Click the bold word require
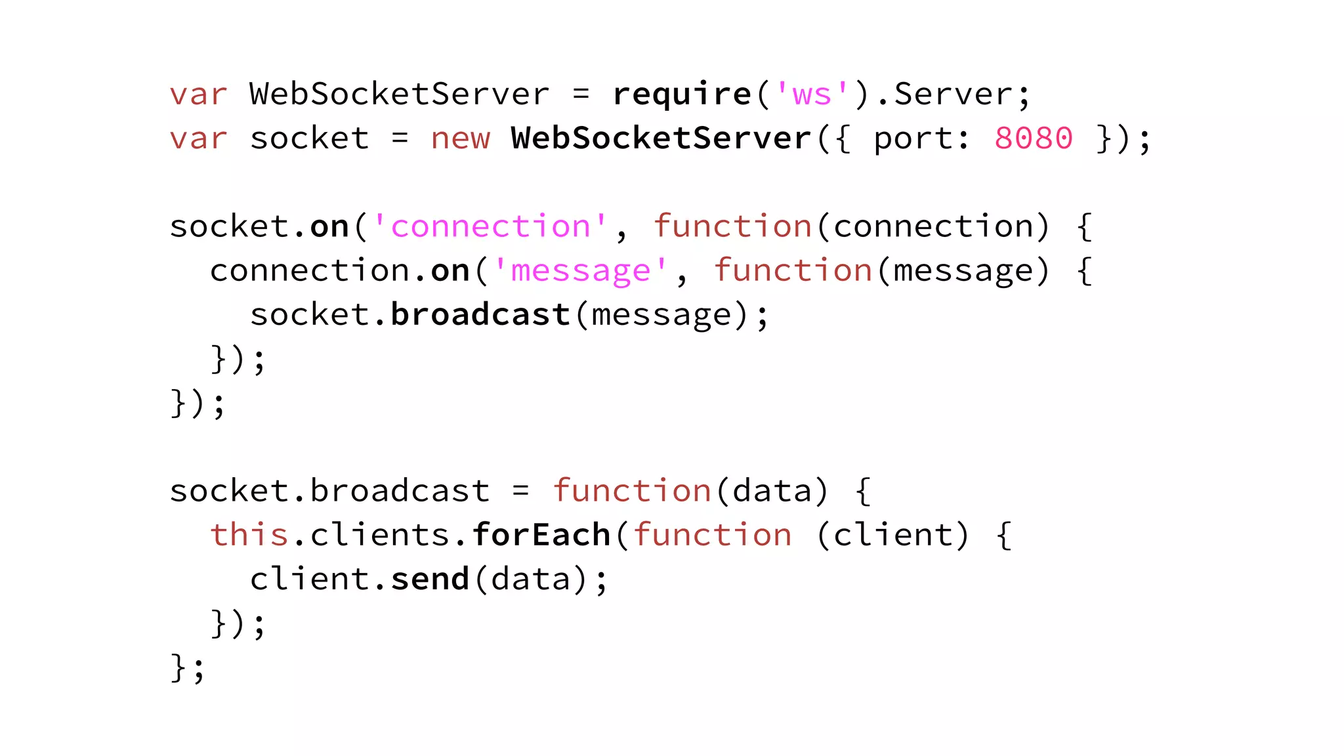pyautogui.click(x=681, y=94)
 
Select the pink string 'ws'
pyautogui.click(x=812, y=94)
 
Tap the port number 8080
pyautogui.click(x=1034, y=138)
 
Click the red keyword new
pyautogui.click(x=460, y=138)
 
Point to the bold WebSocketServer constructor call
pyautogui.click(x=661, y=138)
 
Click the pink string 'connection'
pyautogui.click(x=490, y=226)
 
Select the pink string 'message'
pyautogui.click(x=580, y=270)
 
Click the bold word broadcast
pyautogui.click(x=480, y=314)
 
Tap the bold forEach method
pyautogui.click(x=541, y=535)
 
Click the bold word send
pyautogui.click(x=430, y=579)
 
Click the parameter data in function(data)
pyautogui.click(x=772, y=491)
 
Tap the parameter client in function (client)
pyautogui.click(x=892, y=535)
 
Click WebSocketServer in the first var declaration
pyautogui.click(x=399, y=94)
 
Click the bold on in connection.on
pyautogui.click(x=450, y=270)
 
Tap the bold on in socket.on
pyautogui.click(x=329, y=226)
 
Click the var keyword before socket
pyautogui.click(x=198, y=138)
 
